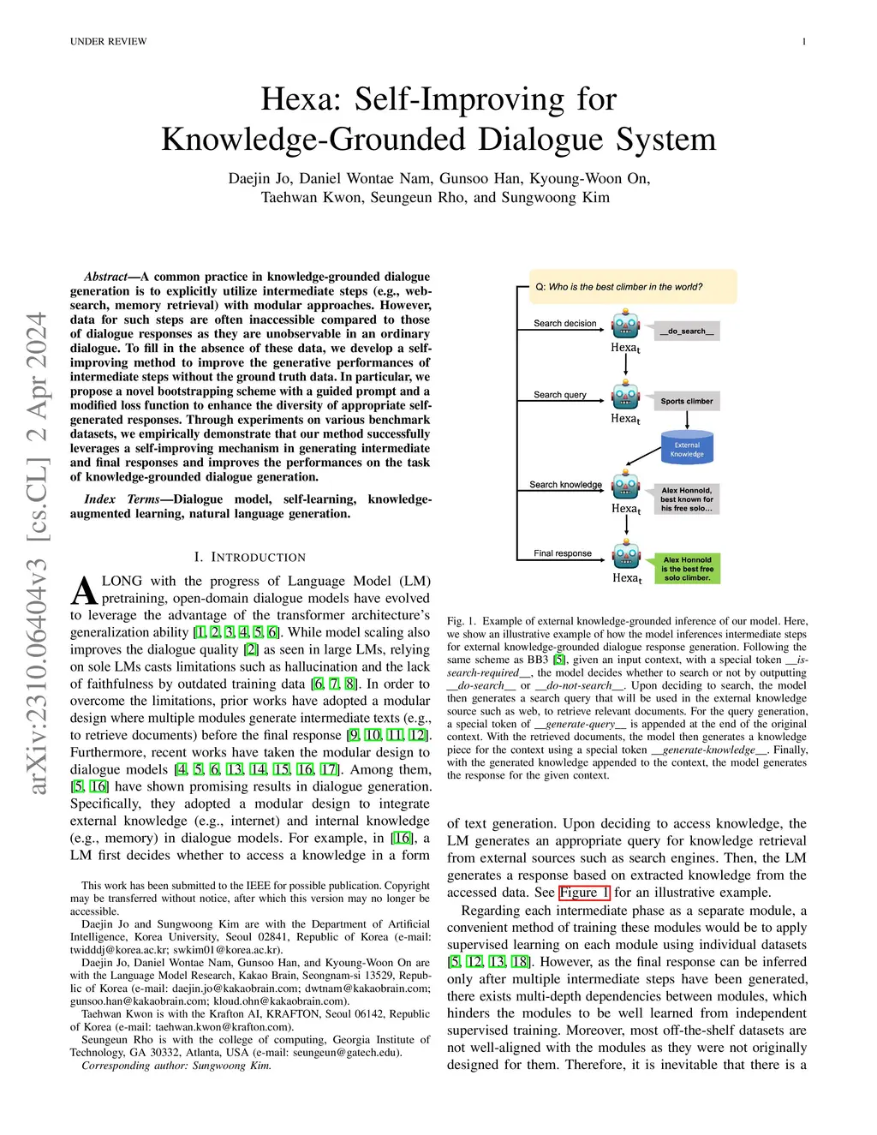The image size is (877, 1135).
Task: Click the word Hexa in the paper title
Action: click(x=298, y=99)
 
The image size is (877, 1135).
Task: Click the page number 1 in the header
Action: click(x=804, y=41)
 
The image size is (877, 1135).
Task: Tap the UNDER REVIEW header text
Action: click(x=108, y=41)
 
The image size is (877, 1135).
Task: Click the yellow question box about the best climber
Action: click(x=626, y=287)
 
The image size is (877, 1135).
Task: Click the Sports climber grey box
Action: click(x=687, y=401)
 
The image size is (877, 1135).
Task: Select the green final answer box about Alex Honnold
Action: click(x=687, y=569)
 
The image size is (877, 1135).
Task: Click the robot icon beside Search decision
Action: click(x=626, y=326)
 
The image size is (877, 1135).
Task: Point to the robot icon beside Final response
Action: click(x=626, y=555)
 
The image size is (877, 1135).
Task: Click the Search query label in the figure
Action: click(x=560, y=395)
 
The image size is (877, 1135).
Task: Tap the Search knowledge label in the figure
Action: click(x=565, y=485)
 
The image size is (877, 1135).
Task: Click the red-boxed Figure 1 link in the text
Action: click(x=584, y=893)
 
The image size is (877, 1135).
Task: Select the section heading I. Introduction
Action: click(x=249, y=557)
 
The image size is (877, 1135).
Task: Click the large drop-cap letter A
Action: click(x=84, y=591)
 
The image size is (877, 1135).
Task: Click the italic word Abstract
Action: click(x=105, y=277)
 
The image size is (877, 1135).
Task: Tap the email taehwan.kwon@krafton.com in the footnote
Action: click(x=224, y=1027)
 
